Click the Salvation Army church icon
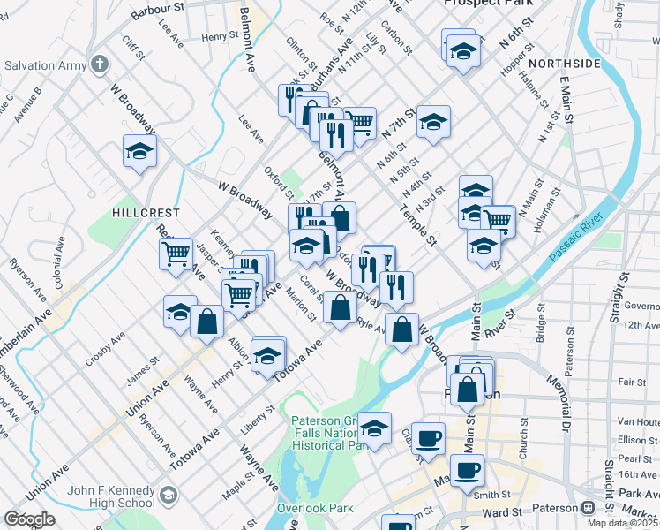click(100, 65)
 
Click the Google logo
click(29, 519)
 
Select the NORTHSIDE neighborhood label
click(564, 64)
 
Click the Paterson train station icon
click(587, 509)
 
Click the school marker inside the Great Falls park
click(375, 430)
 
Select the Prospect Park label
click(490, 4)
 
